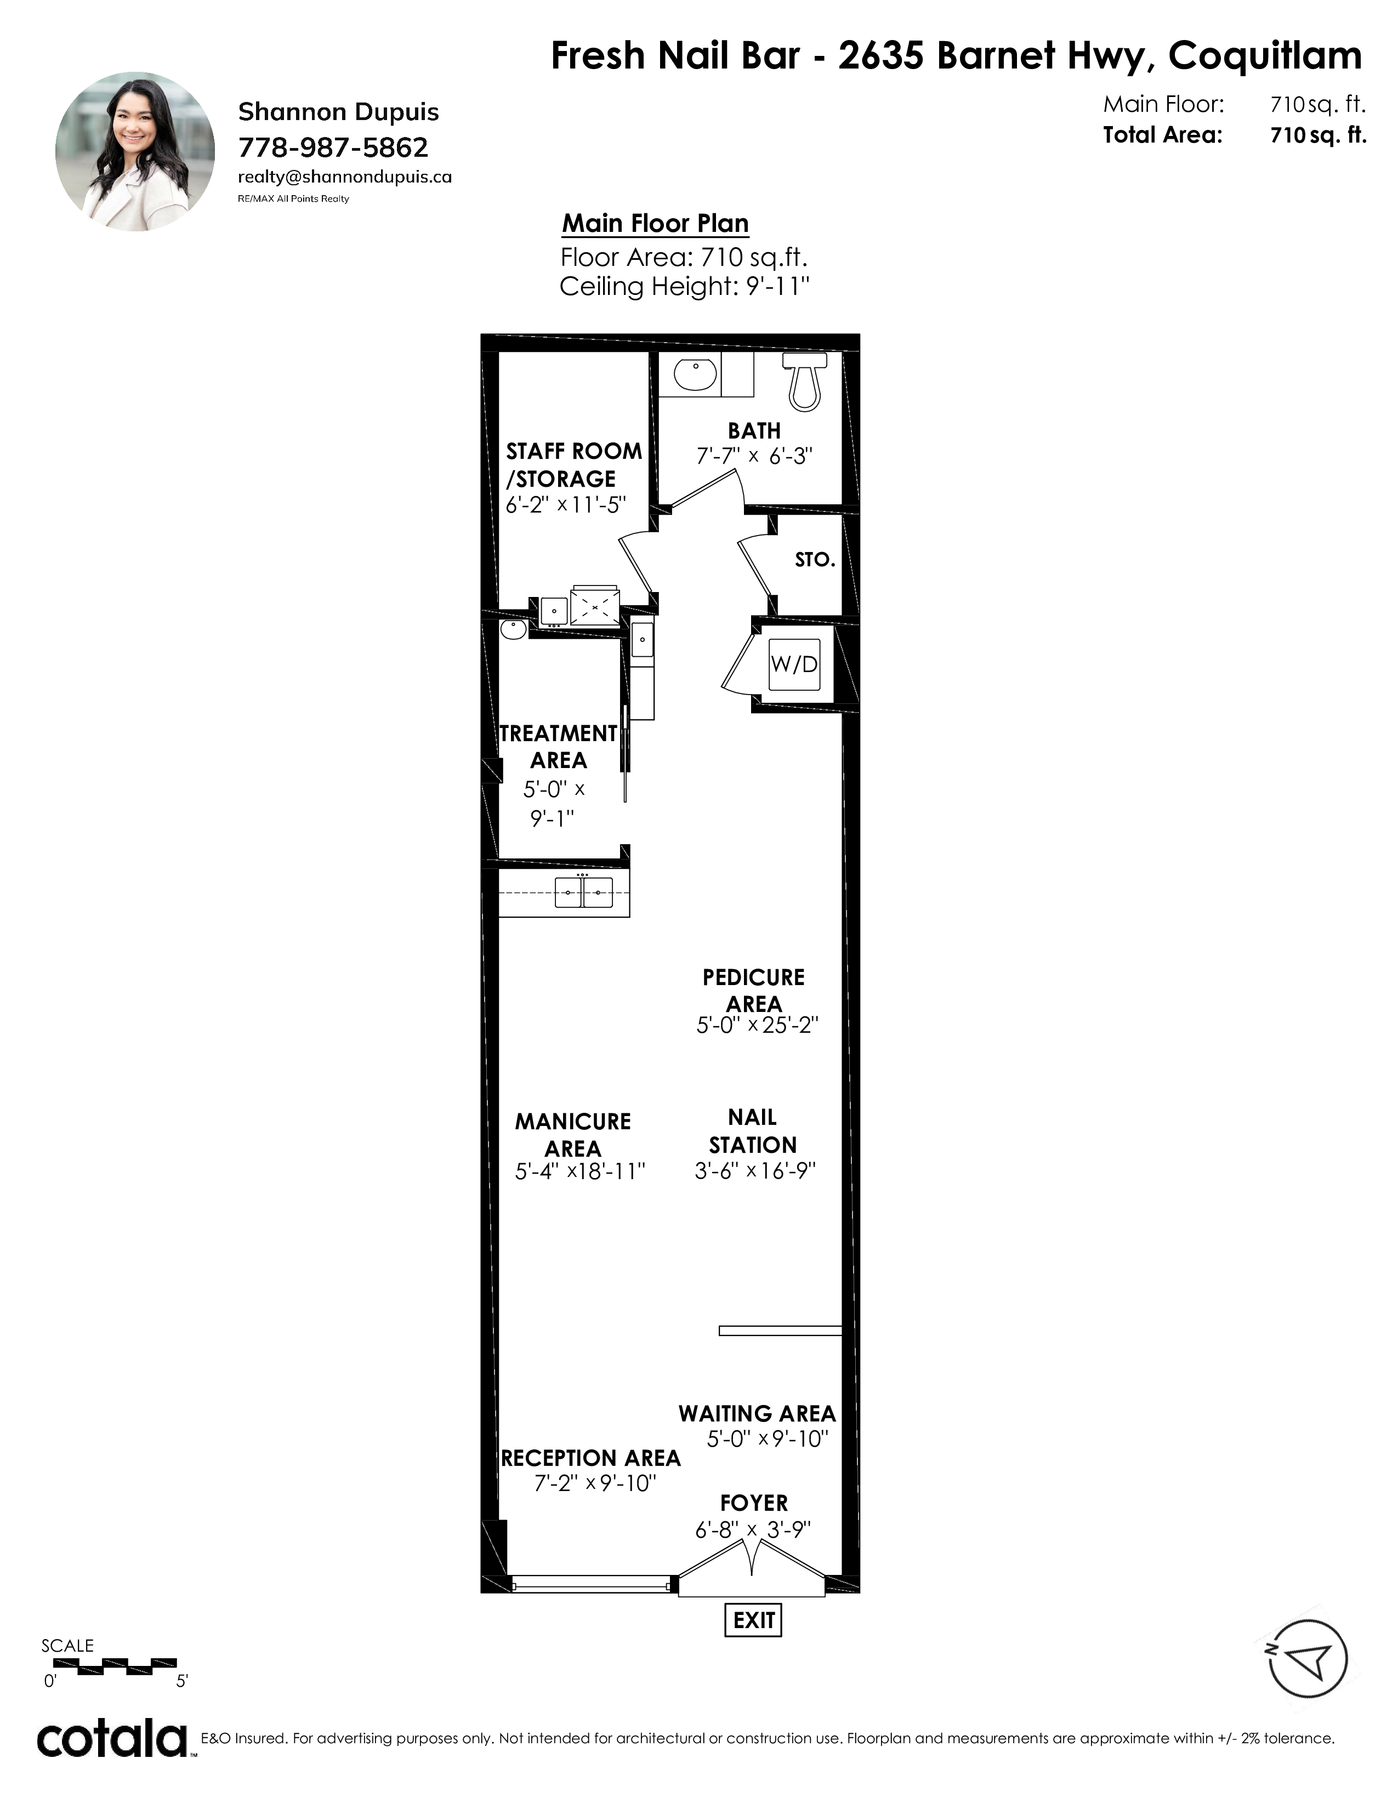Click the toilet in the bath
click(x=805, y=381)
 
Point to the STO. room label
click(x=815, y=560)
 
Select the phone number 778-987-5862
click(x=333, y=147)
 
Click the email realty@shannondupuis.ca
click(x=344, y=177)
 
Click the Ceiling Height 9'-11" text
click(x=684, y=287)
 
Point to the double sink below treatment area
click(x=583, y=891)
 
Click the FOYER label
click(x=754, y=1503)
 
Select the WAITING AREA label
click(x=757, y=1413)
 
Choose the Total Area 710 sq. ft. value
click(x=1317, y=135)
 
